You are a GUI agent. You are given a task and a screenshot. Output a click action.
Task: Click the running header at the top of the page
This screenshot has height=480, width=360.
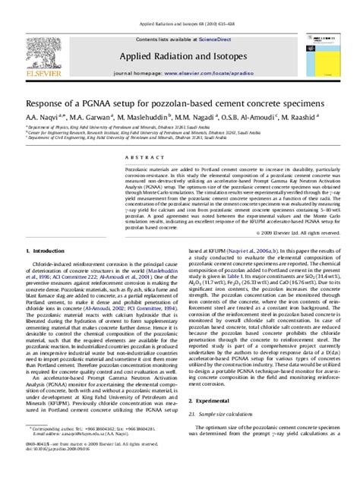[x=179, y=5]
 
